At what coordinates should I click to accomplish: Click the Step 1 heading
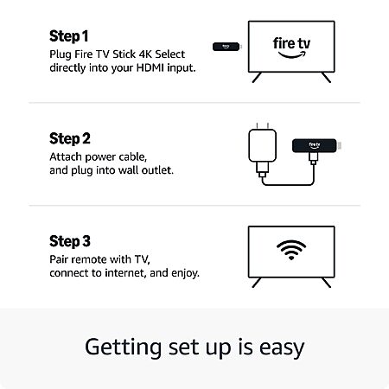(69, 36)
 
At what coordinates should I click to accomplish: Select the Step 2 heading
(70, 138)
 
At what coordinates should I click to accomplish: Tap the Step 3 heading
(70, 241)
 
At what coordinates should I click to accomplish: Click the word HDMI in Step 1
(150, 68)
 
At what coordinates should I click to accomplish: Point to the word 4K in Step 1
(145, 54)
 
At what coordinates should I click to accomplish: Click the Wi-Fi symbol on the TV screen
(291, 250)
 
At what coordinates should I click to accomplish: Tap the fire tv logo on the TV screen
(291, 48)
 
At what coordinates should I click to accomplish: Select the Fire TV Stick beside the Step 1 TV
(226, 47)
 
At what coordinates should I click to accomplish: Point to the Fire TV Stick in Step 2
(316, 145)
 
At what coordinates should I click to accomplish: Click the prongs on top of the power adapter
(263, 126)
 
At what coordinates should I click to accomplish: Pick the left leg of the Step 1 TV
(257, 78)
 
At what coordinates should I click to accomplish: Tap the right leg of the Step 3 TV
(326, 283)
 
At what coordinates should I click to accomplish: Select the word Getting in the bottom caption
(123, 348)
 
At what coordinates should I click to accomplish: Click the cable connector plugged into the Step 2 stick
(313, 158)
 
